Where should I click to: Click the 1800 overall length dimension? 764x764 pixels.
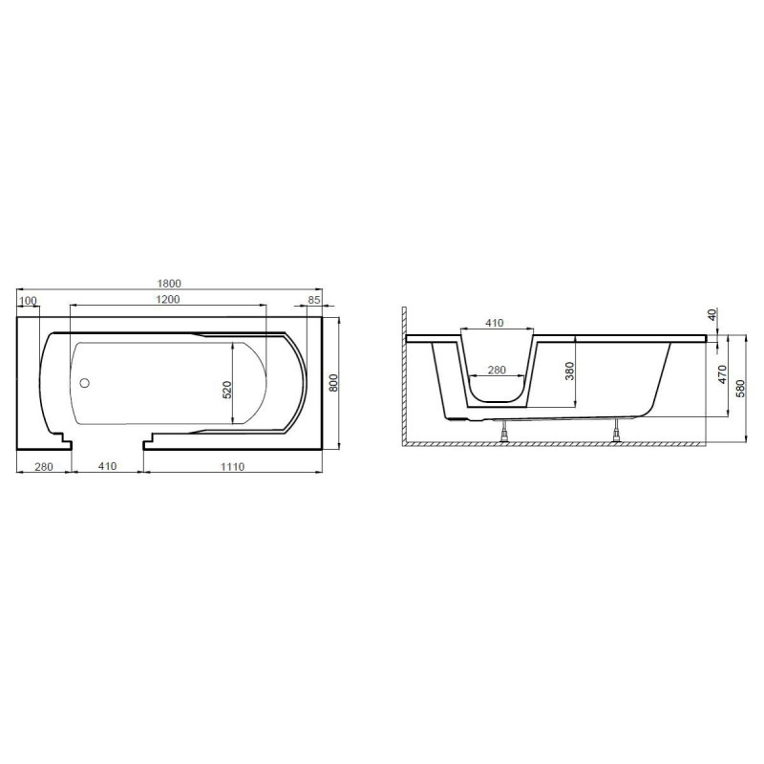(x=169, y=283)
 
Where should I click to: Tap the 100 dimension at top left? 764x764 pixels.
(x=28, y=302)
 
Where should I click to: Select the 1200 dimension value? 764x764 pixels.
(x=168, y=301)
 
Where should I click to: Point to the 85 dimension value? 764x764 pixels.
(x=313, y=302)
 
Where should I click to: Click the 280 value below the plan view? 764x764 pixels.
(x=42, y=466)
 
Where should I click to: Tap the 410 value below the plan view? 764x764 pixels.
(x=105, y=466)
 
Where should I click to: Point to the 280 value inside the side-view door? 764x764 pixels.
(x=497, y=370)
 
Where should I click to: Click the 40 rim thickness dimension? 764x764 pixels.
(x=713, y=314)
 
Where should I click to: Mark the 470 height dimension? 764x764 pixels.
(x=723, y=373)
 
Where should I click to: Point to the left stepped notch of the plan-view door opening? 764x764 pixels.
(x=62, y=441)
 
